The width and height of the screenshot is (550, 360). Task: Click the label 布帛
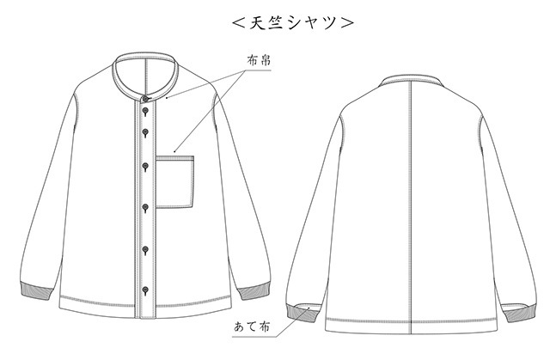tap(259, 61)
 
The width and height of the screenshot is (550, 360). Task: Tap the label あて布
tap(252, 326)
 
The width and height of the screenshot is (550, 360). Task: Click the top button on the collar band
tap(145, 99)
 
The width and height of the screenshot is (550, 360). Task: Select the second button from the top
tap(145, 112)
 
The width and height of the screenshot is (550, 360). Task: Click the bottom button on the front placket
tap(145, 290)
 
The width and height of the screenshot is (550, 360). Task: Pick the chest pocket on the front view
tap(174, 182)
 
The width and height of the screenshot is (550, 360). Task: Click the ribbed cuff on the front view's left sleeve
tap(36, 290)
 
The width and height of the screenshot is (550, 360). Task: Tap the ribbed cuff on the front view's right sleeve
tap(254, 290)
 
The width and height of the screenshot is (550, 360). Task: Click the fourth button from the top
tap(145, 167)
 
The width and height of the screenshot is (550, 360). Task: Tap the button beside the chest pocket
tap(145, 167)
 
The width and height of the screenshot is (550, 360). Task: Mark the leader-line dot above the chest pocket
tap(174, 151)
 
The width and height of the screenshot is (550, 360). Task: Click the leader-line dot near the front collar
tap(167, 97)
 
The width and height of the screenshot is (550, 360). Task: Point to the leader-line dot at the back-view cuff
tap(309, 308)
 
